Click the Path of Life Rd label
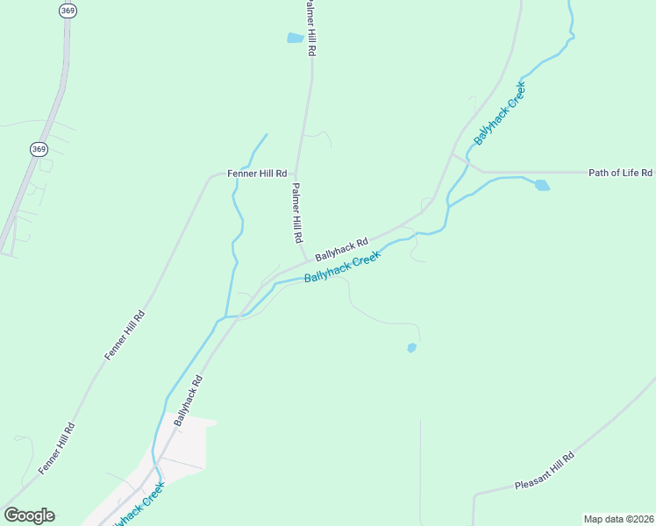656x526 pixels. point(620,173)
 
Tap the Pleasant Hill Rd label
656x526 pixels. point(545,472)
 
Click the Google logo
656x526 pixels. point(29,515)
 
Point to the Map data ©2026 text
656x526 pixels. point(617,519)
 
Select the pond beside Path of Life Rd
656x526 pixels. point(542,185)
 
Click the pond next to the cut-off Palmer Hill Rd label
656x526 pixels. point(295,38)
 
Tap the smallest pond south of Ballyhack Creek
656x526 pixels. point(411,348)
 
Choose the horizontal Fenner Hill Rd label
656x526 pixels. point(257,174)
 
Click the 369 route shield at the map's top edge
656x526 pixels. point(68,11)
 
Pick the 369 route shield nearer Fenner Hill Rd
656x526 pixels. point(39,149)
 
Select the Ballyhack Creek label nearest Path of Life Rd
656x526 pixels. point(499,113)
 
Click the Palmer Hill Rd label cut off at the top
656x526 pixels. point(309,28)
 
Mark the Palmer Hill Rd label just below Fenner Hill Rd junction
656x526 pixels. point(297,213)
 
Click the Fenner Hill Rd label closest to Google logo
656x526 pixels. point(57,449)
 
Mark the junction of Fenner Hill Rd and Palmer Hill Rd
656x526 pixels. point(296,173)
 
